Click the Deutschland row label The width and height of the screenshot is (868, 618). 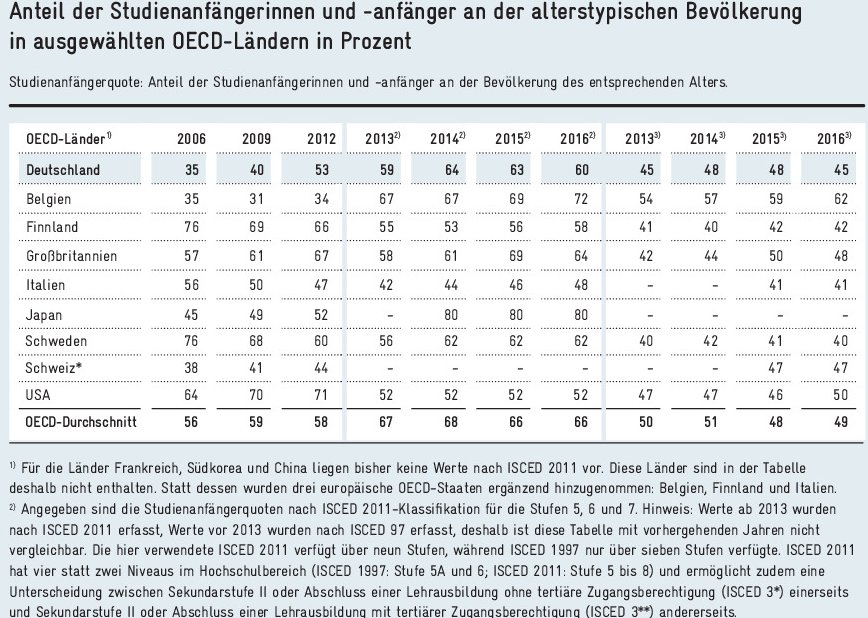(x=62, y=170)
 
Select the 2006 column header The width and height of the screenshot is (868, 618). (x=192, y=137)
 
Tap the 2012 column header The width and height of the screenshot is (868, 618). (x=316, y=137)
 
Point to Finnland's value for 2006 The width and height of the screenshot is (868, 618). (x=192, y=227)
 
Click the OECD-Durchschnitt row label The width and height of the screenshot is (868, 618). (x=80, y=424)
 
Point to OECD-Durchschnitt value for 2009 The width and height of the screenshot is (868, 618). (x=255, y=424)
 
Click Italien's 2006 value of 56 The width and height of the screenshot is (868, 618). (x=192, y=284)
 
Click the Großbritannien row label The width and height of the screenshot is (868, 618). (x=70, y=256)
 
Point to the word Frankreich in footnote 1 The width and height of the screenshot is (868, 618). (x=139, y=468)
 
